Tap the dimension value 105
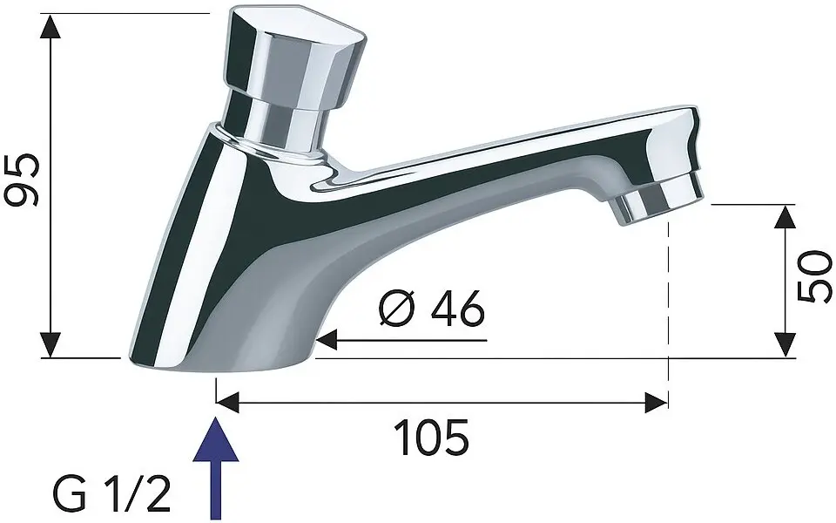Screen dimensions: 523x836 pyautogui.click(x=433, y=437)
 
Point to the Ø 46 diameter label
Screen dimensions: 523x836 pyautogui.click(x=432, y=310)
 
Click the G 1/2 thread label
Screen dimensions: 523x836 pyautogui.click(x=111, y=494)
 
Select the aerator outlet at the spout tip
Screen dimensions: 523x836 pyautogui.click(x=657, y=199)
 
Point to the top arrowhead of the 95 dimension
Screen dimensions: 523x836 pyautogui.click(x=52, y=25)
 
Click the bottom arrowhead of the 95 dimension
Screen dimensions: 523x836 pyautogui.click(x=52, y=345)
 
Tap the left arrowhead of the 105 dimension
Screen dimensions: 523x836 pyautogui.click(x=227, y=403)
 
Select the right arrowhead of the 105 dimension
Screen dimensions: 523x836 pyautogui.click(x=655, y=403)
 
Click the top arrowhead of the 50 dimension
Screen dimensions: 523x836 pyautogui.click(x=785, y=217)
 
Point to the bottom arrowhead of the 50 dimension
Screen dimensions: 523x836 pyautogui.click(x=785, y=345)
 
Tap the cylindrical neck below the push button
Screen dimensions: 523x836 pyautogui.click(x=279, y=122)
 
